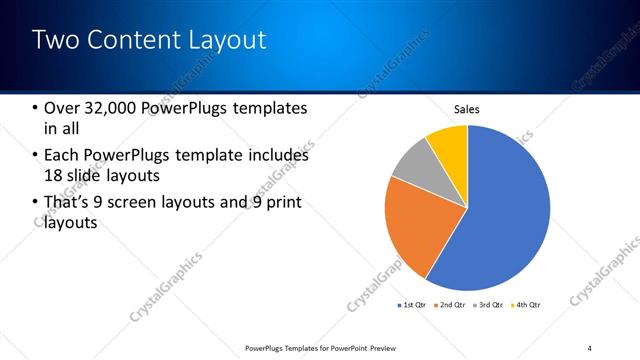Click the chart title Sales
tap(467, 109)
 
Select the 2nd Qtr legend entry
tap(452, 304)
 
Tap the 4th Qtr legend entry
tap(526, 304)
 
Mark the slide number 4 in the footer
tap(589, 347)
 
